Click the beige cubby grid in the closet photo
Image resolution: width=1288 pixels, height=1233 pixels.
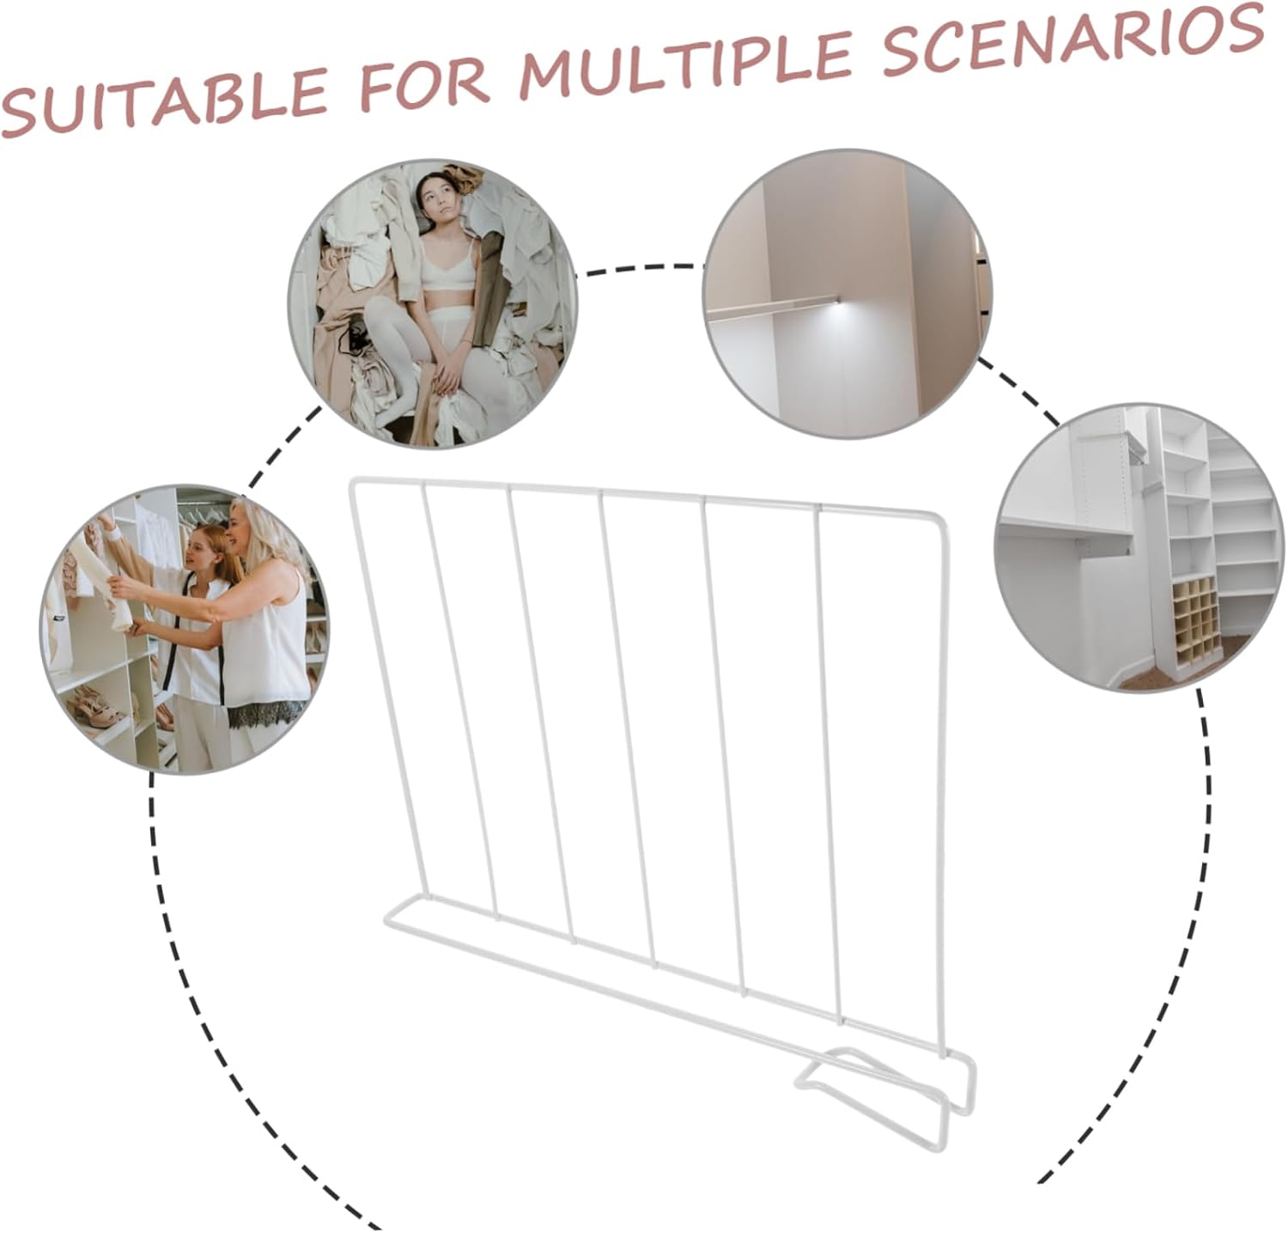pos(1200,615)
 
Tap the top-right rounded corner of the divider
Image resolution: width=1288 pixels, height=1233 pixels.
pos(936,520)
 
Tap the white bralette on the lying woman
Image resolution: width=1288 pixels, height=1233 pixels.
pos(447,272)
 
